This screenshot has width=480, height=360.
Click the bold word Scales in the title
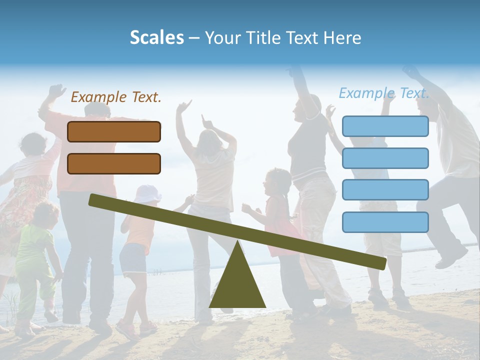click(x=156, y=37)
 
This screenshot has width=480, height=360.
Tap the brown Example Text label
click(x=116, y=97)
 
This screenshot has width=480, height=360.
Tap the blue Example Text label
click(x=384, y=93)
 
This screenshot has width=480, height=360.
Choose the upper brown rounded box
click(x=114, y=131)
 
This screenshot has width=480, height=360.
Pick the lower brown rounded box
click(x=114, y=163)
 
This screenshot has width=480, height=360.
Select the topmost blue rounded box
click(x=385, y=126)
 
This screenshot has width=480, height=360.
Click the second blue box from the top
click(x=385, y=158)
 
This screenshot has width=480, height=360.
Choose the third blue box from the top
click(x=385, y=190)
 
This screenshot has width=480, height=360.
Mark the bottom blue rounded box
click(x=385, y=222)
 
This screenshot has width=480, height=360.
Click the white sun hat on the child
click(x=147, y=193)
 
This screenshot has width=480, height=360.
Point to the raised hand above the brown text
click(x=56, y=91)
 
